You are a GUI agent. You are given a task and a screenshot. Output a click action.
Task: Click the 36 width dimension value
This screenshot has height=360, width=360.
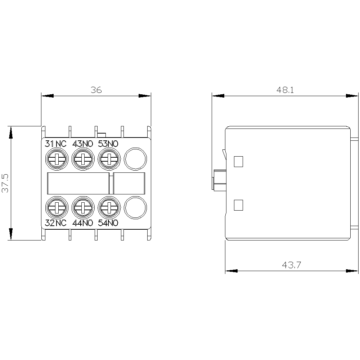pyautogui.click(x=96, y=90)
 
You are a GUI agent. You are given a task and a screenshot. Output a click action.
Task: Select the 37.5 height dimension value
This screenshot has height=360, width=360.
pyautogui.click(x=5, y=183)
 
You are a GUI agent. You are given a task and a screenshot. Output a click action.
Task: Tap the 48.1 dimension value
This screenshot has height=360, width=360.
pyautogui.click(x=285, y=90)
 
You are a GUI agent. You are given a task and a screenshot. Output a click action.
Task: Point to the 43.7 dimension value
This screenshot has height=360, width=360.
pyautogui.click(x=291, y=265)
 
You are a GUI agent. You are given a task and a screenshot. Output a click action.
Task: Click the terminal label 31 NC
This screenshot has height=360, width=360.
pyautogui.click(x=55, y=144)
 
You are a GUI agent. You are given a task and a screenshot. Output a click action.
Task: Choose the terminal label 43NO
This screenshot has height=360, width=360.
pyautogui.click(x=83, y=144)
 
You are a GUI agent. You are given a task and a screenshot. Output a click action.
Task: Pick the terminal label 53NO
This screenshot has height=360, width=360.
pyautogui.click(x=108, y=144)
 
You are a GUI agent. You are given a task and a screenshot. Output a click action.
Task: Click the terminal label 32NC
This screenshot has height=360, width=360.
pyautogui.click(x=55, y=223)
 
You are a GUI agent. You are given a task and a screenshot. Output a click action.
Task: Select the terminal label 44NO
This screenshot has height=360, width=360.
pyautogui.click(x=83, y=223)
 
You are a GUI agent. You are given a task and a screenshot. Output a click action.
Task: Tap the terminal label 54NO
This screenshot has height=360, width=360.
pyautogui.click(x=108, y=223)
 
